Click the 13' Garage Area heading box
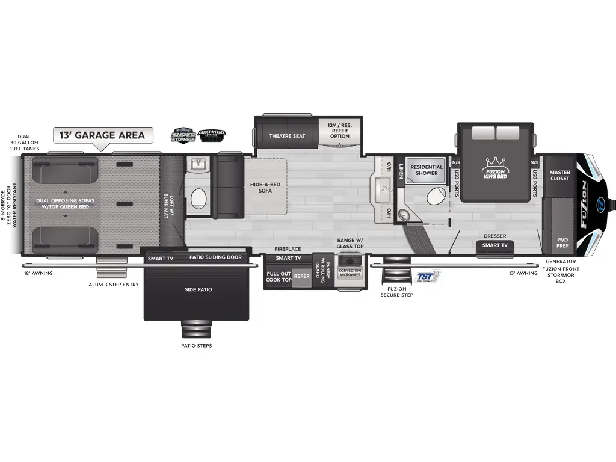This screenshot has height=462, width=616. [103, 135]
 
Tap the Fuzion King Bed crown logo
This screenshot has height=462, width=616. [494, 163]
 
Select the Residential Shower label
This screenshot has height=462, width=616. [427, 170]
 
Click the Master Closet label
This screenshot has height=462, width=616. [559, 176]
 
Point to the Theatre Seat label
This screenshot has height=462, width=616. [287, 136]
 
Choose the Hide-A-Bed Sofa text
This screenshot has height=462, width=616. [265, 187]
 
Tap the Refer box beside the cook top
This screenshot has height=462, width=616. [301, 277]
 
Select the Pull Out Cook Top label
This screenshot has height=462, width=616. [279, 277]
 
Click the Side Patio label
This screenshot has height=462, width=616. [198, 290]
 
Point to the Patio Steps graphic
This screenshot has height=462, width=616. [197, 330]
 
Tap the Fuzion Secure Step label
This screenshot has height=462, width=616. [397, 292]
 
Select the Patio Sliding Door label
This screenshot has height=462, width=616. [215, 257]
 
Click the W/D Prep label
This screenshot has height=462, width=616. [562, 242]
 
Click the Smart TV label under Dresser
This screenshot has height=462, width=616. [495, 245]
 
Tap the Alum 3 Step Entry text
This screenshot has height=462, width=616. [114, 284]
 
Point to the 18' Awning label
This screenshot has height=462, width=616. [37, 273]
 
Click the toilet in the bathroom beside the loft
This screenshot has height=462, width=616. [199, 198]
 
